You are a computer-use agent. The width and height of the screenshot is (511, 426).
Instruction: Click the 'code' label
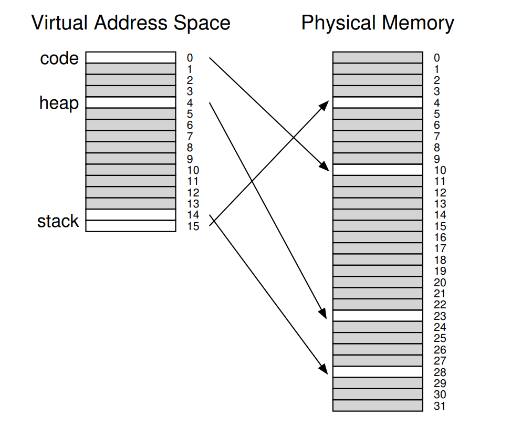tap(59, 58)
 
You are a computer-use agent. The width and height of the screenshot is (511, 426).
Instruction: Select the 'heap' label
tap(59, 103)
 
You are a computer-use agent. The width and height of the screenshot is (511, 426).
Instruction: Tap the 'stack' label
tap(58, 221)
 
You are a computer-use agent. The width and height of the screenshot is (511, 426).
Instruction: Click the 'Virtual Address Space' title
tap(131, 23)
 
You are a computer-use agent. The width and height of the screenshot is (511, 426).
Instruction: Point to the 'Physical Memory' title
tap(378, 23)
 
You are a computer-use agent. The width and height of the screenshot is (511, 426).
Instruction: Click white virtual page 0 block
tap(131, 57)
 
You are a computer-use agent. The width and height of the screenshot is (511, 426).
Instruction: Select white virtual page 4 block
tap(131, 102)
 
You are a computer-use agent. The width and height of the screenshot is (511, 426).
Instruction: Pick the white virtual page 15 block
tap(131, 226)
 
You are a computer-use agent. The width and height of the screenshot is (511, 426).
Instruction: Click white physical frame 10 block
tap(378, 170)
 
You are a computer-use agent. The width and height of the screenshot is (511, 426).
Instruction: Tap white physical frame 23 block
tap(378, 316)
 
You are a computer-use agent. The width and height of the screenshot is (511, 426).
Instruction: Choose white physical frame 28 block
tap(378, 371)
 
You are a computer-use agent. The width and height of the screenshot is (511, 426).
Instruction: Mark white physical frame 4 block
tap(378, 102)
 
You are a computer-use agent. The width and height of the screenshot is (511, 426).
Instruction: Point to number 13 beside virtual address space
tap(193, 203)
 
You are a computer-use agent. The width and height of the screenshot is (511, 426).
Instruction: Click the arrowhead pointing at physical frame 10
tap(326, 166)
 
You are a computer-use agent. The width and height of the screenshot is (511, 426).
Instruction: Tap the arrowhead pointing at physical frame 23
tap(326, 313)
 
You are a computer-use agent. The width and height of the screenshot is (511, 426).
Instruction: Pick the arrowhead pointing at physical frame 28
tap(326, 369)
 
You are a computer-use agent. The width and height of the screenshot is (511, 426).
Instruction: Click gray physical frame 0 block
tap(378, 57)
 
